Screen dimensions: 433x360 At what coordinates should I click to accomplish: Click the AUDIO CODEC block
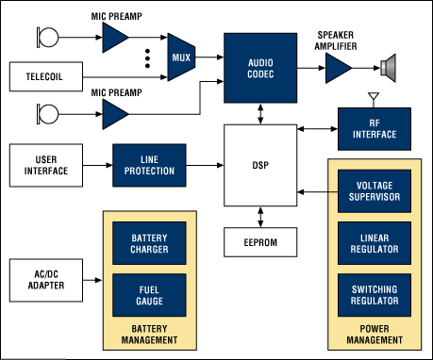coord(260,68)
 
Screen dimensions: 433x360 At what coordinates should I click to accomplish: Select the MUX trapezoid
coord(181,57)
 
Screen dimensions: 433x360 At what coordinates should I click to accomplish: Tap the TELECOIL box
coord(46,76)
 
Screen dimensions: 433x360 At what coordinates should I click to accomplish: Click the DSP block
coord(260,165)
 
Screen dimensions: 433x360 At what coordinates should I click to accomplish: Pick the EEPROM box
coord(260,242)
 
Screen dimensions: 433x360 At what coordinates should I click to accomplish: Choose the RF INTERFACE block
coord(375,129)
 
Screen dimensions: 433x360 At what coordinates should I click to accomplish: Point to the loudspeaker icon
coord(388,68)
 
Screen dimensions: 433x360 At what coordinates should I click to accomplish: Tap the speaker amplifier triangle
coord(339,68)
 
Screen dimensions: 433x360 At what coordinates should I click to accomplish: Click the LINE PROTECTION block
coord(149,165)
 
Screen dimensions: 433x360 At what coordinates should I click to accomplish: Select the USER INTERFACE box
coord(46,165)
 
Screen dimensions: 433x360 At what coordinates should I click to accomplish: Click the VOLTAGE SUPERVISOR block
coord(375,191)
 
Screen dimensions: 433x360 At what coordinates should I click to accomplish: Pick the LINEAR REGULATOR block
coord(375,243)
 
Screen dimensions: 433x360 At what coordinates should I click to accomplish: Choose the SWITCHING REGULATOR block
coord(375,295)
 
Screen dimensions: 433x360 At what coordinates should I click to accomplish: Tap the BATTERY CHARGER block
coord(149,243)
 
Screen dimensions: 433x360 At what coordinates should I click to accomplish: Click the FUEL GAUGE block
coord(149,295)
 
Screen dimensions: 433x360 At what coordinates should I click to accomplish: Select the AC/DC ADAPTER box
coord(46,280)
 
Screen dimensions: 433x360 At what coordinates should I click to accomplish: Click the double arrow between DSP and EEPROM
coord(260,217)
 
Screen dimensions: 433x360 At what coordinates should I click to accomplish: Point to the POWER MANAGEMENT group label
coord(375,335)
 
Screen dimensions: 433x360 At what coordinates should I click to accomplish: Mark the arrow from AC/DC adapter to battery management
coord(92,280)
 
